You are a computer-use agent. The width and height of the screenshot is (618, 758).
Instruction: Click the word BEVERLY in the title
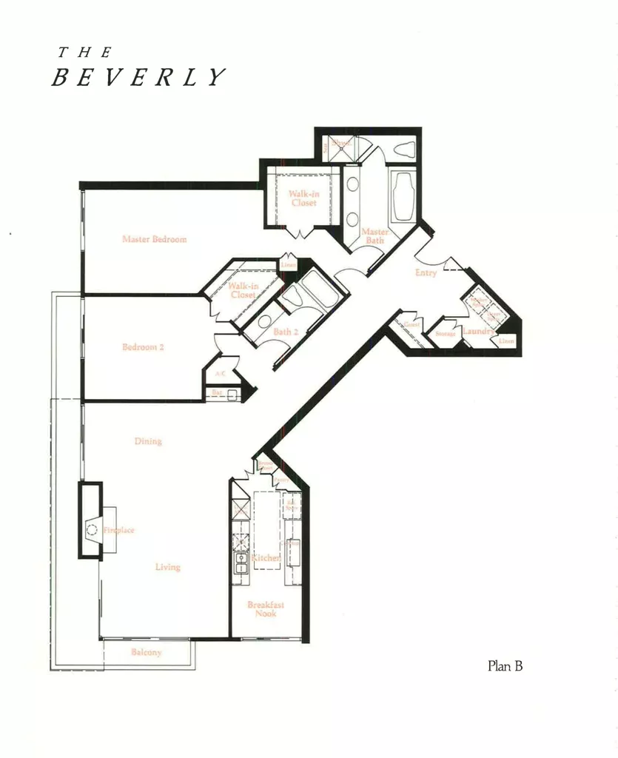[138, 78]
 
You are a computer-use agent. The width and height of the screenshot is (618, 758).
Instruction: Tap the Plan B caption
[505, 665]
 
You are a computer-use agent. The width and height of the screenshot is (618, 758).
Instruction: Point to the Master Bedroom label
[154, 239]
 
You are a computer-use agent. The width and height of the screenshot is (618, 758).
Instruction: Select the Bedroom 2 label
[144, 347]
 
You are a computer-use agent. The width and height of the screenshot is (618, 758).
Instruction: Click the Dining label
[148, 441]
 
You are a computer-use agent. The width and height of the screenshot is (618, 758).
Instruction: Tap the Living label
[167, 567]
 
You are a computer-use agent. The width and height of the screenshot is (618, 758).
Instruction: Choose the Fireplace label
[119, 531]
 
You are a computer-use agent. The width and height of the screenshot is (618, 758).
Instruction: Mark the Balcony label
[147, 652]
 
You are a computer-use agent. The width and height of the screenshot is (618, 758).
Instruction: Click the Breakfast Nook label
[266, 609]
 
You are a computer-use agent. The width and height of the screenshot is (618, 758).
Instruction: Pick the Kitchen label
[265, 558]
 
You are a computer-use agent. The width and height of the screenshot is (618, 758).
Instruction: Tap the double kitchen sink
[241, 563]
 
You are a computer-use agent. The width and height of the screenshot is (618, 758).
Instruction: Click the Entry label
[426, 273]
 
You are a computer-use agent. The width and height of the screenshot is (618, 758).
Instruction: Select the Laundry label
[478, 332]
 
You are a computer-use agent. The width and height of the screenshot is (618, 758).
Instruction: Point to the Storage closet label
[446, 334]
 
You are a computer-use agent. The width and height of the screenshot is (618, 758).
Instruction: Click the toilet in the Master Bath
[404, 149]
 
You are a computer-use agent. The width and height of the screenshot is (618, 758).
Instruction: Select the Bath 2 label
[285, 332]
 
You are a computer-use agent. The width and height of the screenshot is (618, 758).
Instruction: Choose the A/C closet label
[220, 375]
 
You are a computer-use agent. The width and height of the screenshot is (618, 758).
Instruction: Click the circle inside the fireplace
[92, 529]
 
